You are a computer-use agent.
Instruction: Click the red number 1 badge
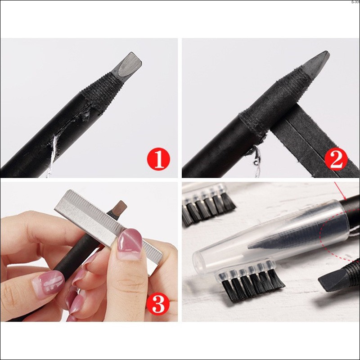[158, 159]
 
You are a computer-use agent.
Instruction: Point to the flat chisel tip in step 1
[127, 63]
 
